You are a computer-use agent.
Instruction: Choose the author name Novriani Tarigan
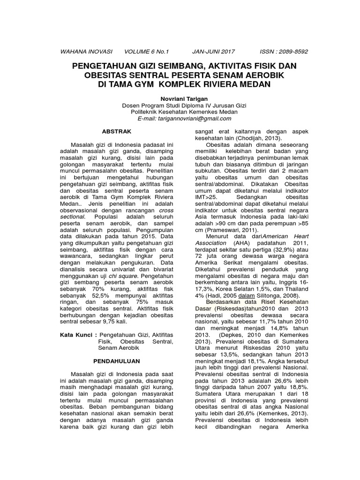pos(180,99)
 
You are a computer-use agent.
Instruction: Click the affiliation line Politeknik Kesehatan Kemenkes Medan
pos(180,112)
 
